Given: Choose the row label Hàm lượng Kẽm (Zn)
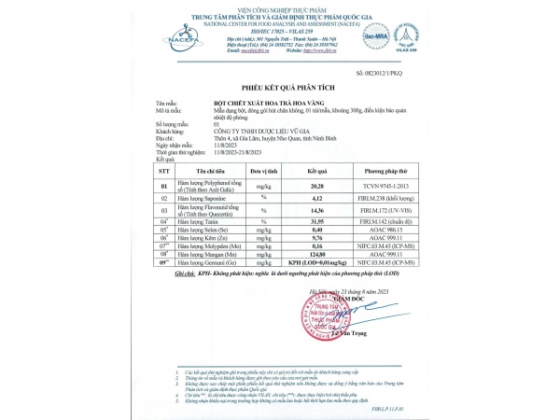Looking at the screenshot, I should (x=204, y=238).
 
